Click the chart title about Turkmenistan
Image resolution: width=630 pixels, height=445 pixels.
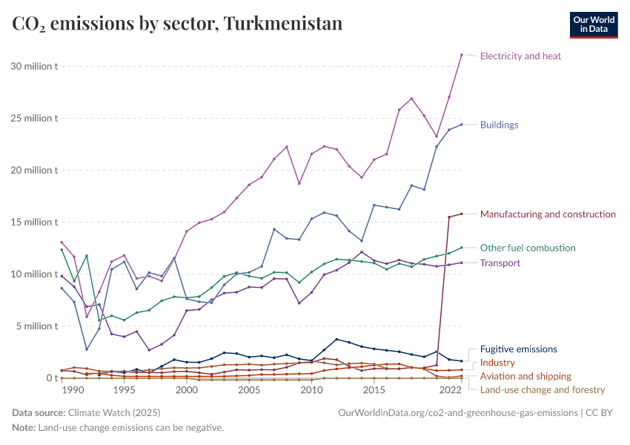177,24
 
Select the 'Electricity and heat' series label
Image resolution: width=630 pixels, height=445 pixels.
520,56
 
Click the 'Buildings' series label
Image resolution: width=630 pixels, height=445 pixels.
499,125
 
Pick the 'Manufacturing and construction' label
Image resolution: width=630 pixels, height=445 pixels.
548,214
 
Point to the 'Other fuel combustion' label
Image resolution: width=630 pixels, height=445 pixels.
527,248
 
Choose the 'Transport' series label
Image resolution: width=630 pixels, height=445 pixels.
500,263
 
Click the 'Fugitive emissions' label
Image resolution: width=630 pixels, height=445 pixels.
518,349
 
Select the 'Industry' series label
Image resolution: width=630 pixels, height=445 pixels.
497,363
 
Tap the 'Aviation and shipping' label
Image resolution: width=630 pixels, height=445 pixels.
525,376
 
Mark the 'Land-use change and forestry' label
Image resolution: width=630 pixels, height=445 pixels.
542,389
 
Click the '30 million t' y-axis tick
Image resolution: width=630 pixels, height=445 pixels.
35,66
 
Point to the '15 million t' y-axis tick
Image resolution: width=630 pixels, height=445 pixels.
35,222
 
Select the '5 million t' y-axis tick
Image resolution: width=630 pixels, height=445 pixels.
37,326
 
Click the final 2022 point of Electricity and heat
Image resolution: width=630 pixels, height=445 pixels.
461,55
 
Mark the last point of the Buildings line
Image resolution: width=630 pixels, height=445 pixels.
461,124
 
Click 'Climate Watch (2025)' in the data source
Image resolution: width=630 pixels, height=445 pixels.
114,412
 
